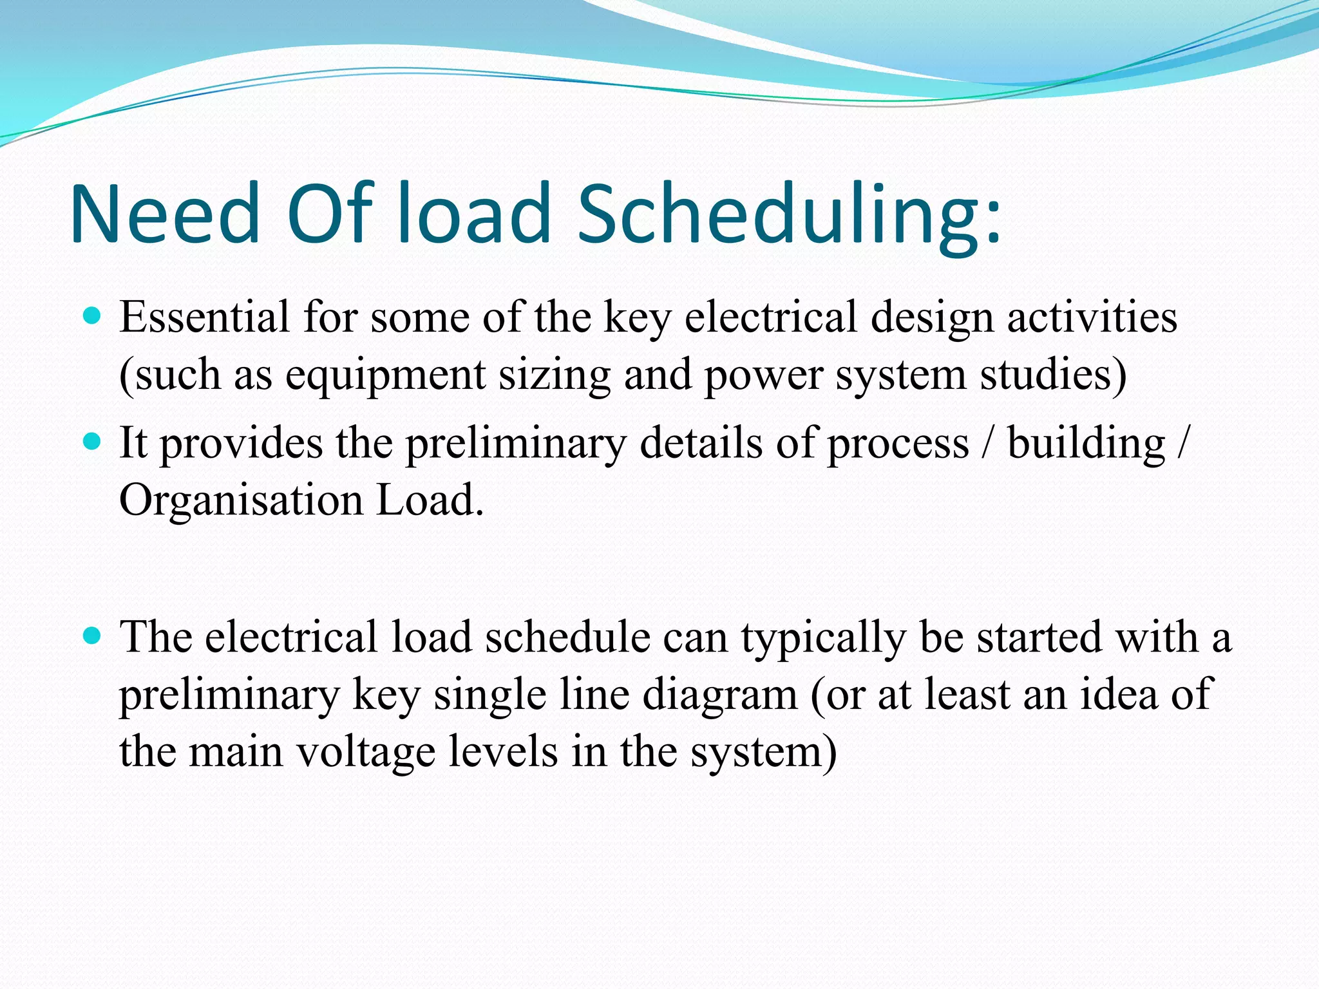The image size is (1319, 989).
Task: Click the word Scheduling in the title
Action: click(789, 214)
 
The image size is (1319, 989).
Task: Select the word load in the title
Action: click(475, 214)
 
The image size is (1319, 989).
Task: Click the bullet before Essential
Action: click(93, 316)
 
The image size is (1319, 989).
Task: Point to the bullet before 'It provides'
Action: click(93, 442)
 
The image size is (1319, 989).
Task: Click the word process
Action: click(898, 444)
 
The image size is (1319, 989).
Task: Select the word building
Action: click(1087, 444)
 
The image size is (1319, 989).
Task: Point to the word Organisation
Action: click(241, 501)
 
